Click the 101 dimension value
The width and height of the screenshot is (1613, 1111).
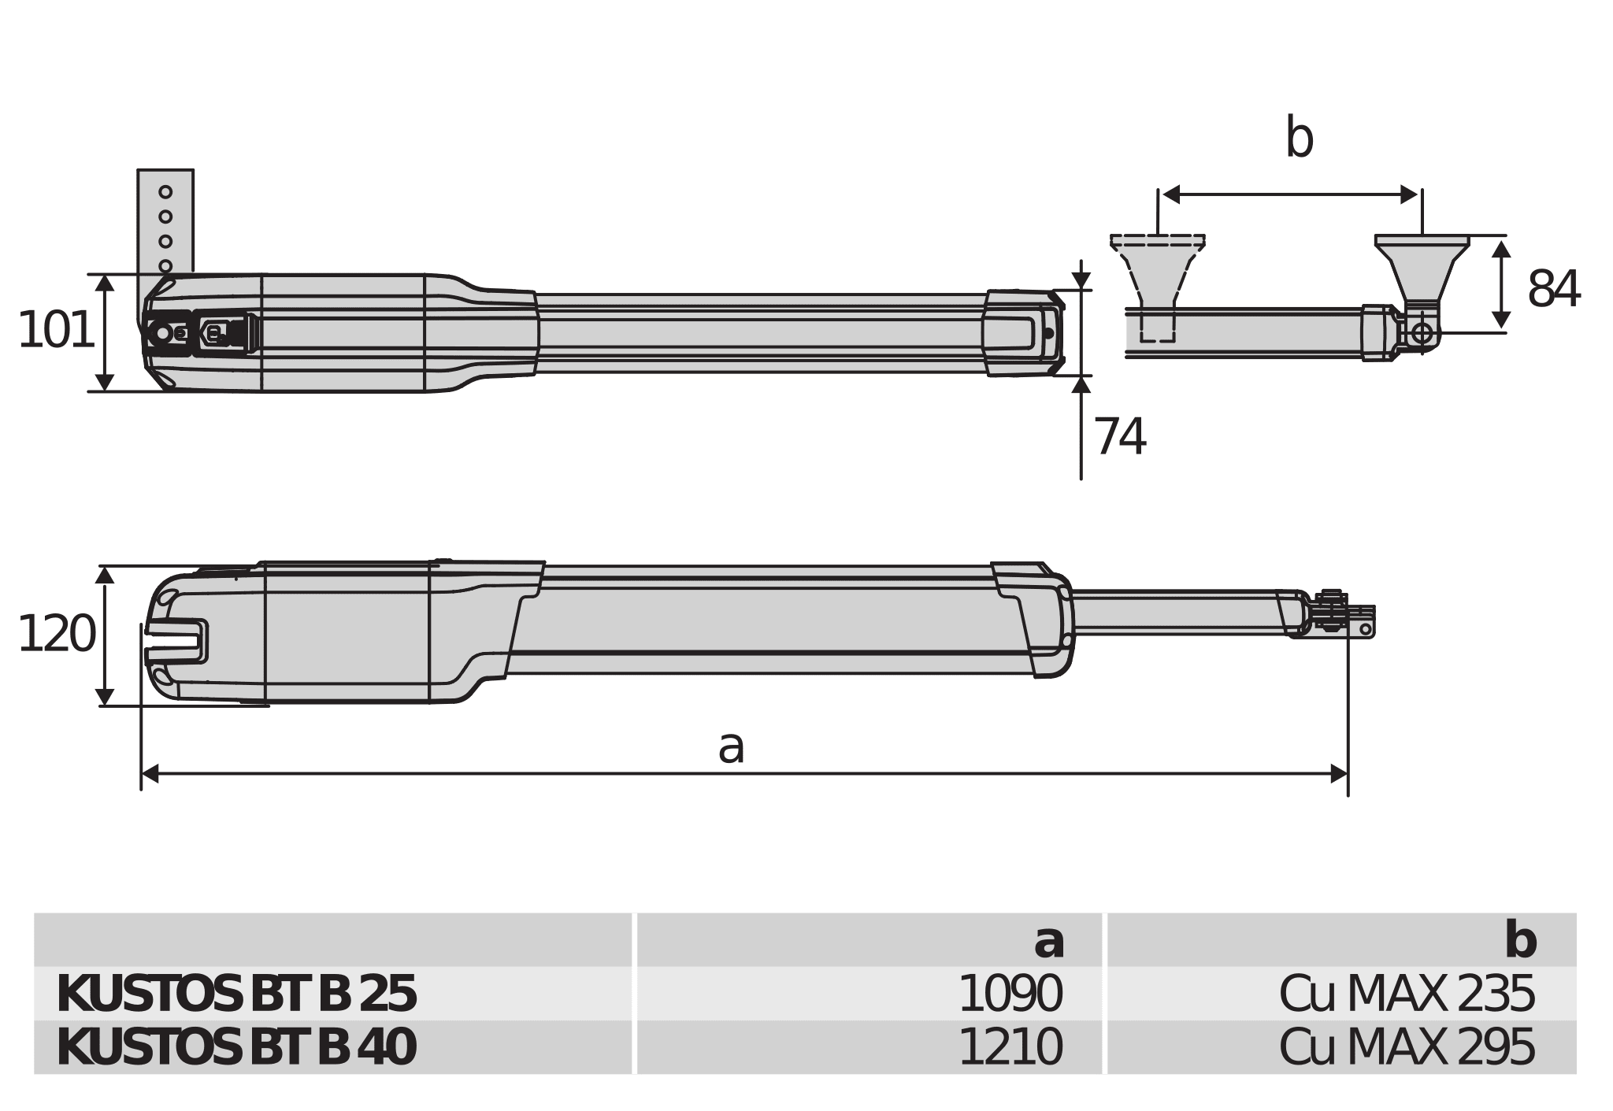pos(55,331)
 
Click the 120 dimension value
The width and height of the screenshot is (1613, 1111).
pos(55,635)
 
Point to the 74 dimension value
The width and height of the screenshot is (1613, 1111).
pos(1119,437)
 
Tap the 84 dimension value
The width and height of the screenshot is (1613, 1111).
pos(1553,290)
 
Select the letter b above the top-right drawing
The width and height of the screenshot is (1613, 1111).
pos(1299,139)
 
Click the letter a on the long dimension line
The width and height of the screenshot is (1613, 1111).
pos(731,747)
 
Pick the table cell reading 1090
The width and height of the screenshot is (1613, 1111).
pos(1010,994)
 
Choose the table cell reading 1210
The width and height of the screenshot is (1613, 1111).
pos(1010,1048)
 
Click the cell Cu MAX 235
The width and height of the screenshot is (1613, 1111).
pos(1406,994)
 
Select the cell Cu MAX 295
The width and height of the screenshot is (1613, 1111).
pos(1406,1048)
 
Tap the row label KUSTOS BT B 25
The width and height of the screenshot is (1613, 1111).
pos(236,994)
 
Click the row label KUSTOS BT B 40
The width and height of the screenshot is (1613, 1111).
pos(236,1048)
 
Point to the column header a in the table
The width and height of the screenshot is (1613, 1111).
pos(1048,941)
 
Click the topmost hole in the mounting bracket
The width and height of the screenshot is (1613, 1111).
pos(165,192)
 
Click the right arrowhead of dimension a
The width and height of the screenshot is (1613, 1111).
pos(1339,774)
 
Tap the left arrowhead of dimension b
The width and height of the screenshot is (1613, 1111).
pos(1171,194)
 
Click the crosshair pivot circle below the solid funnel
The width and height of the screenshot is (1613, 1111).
pos(1422,333)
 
